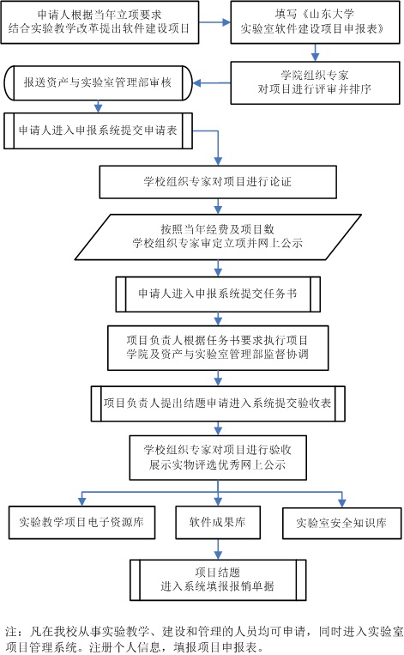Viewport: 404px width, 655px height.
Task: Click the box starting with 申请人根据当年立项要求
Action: point(99,22)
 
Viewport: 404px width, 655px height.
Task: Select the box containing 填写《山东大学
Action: point(315,22)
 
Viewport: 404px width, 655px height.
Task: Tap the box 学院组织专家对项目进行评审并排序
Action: point(315,82)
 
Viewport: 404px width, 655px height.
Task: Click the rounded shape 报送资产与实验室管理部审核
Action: point(99,82)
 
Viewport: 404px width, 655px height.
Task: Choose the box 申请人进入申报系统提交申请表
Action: point(99,130)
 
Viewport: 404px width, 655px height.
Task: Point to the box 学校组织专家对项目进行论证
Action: point(218,182)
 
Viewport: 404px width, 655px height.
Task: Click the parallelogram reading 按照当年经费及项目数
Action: point(218,237)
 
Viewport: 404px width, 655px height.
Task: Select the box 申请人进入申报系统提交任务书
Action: point(218,294)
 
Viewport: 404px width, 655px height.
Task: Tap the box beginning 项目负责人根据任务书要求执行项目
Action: point(218,348)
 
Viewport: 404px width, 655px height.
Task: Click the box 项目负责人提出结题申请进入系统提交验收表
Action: point(218,403)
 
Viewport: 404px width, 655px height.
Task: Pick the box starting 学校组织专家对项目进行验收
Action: point(218,458)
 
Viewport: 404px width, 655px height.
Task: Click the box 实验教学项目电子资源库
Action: point(81,523)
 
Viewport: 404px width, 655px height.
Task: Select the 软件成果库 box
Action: point(218,523)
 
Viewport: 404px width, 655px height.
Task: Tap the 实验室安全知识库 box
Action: point(342,523)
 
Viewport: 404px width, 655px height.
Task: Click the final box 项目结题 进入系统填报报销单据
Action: point(218,580)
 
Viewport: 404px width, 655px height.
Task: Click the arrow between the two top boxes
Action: point(214,22)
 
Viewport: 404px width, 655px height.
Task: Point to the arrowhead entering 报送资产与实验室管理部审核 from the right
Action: point(197,83)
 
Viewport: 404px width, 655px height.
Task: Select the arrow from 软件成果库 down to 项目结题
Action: point(218,549)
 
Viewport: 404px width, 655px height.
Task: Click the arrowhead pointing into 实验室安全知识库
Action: point(342,502)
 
